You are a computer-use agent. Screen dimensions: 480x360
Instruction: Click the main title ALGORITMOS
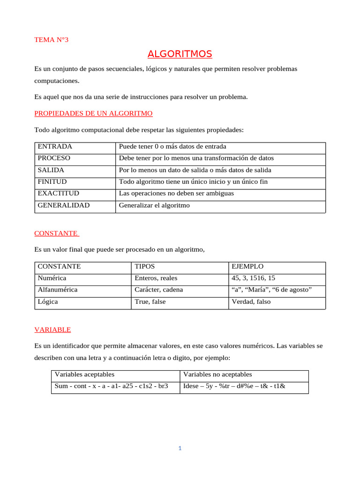click(x=180, y=54)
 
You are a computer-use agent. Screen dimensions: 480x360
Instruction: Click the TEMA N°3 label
click(x=51, y=40)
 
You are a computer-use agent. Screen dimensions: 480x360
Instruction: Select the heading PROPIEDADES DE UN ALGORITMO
click(x=93, y=113)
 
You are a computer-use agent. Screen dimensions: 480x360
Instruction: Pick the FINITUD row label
click(x=52, y=182)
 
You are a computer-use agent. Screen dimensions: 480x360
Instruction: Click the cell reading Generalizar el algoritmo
click(x=154, y=205)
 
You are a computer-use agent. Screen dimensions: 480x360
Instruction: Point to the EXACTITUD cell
click(x=58, y=194)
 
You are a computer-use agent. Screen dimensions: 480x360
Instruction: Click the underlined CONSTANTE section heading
click(x=56, y=233)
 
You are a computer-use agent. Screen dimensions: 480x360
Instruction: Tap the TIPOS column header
click(x=144, y=266)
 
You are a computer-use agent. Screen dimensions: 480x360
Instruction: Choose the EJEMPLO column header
click(x=247, y=266)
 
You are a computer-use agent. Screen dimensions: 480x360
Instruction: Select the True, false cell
click(x=150, y=302)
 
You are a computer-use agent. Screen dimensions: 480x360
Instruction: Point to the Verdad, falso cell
click(x=251, y=302)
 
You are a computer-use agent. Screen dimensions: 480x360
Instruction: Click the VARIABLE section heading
click(x=52, y=330)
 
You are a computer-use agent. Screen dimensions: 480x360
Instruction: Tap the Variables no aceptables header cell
click(x=217, y=375)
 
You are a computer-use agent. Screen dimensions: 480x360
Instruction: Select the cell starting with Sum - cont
click(x=111, y=387)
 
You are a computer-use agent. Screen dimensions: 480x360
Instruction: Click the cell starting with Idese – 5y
click(x=234, y=387)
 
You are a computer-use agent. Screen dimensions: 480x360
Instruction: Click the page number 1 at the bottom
click(x=180, y=449)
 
